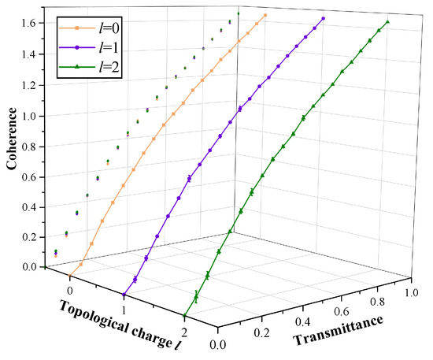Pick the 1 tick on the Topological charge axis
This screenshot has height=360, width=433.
124,298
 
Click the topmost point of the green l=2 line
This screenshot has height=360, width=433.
388,21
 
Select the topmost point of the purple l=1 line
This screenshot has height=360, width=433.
324,18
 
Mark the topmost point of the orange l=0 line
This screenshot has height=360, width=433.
265,15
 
